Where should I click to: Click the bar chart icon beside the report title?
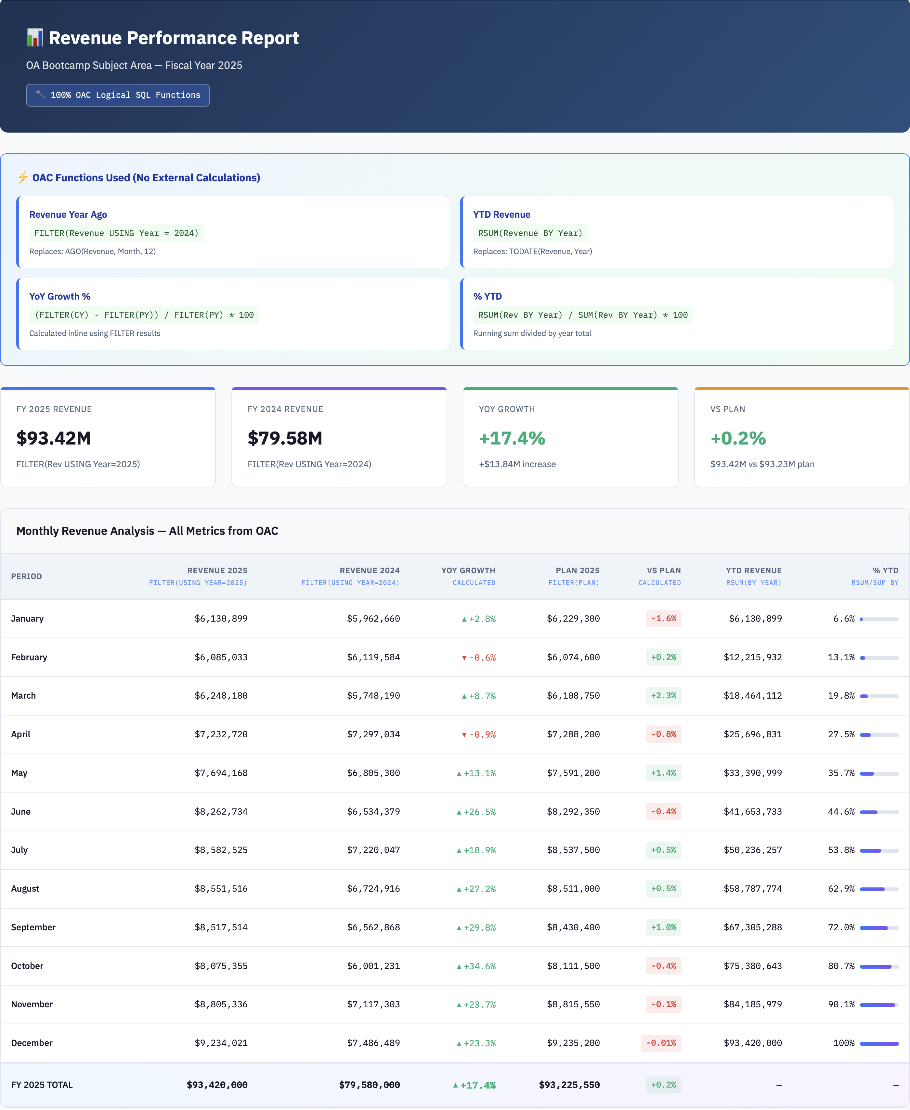coord(34,38)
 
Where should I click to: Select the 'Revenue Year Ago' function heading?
coord(68,214)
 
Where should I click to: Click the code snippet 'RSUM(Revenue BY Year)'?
coord(530,233)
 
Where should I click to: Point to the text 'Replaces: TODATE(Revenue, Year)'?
coord(533,252)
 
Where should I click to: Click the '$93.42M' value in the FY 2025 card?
coord(54,438)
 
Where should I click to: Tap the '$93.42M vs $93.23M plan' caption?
coord(762,464)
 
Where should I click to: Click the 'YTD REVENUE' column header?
coord(753,570)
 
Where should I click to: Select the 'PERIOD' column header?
coord(26,576)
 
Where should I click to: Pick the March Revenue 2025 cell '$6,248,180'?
coord(221,695)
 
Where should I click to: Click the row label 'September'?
coord(33,927)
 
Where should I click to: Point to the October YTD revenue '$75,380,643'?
coord(752,966)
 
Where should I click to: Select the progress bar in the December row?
coord(879,1043)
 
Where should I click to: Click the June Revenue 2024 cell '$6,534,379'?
coord(373,811)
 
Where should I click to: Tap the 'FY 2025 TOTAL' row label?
coord(42,1085)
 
